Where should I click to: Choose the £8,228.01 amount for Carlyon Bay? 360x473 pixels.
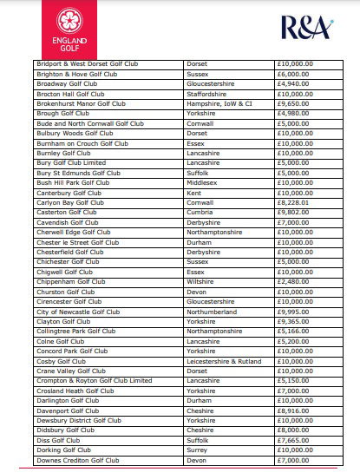pos(293,202)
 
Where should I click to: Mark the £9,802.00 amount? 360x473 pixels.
pos(293,213)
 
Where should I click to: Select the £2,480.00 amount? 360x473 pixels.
pos(293,281)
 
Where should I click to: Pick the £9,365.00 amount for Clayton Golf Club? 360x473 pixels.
pos(293,321)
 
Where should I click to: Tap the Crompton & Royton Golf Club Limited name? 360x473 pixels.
pos(94,380)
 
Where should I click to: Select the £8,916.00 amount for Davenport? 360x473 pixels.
pos(293,411)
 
